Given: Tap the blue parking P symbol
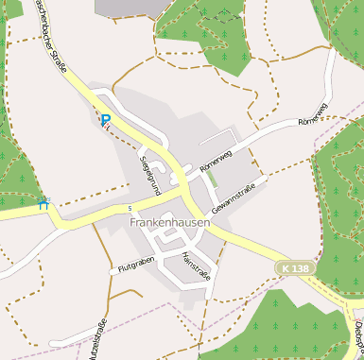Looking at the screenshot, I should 106,120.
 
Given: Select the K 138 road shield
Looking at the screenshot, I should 294,269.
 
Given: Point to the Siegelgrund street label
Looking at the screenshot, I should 150,172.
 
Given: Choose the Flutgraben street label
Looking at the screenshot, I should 135,265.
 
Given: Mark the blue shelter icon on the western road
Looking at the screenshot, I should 43,201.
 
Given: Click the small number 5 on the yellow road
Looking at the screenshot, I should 129,208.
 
